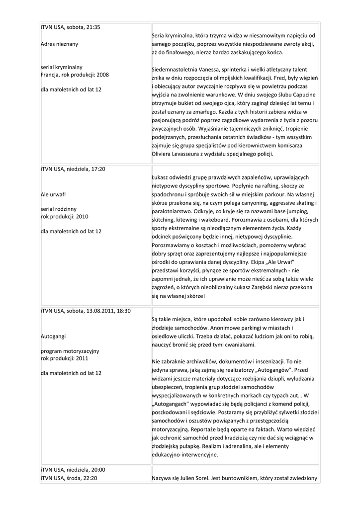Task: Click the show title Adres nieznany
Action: click(59, 44)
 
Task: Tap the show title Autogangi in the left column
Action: click(53, 337)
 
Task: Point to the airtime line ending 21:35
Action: click(71, 27)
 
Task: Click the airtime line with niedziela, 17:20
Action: click(73, 169)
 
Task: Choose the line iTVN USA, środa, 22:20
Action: click(69, 478)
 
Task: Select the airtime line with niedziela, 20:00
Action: click(73, 470)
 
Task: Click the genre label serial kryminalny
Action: click(61, 67)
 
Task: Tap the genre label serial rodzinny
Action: click(58, 209)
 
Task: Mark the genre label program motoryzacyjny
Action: click(70, 351)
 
